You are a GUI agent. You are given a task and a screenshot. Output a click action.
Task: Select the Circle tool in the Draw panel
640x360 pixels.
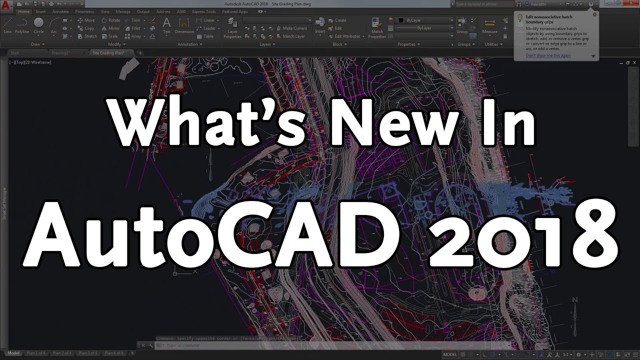tap(38, 25)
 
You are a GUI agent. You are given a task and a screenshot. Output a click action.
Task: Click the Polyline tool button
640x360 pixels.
tap(22, 25)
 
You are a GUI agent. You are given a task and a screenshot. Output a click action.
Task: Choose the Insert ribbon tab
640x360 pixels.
tap(40, 11)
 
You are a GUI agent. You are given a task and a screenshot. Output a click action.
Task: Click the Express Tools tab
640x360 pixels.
tap(204, 11)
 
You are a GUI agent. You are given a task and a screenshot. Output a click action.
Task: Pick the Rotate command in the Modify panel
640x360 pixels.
tap(111, 20)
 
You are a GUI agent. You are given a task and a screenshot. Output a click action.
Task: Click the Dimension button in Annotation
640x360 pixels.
tap(184, 25)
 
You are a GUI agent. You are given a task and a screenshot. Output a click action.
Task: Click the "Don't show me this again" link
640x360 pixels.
tap(548, 55)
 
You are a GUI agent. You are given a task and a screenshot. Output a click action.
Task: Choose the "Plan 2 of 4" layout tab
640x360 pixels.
tap(62, 353)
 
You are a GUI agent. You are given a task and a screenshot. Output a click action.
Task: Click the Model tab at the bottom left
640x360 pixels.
tap(13, 353)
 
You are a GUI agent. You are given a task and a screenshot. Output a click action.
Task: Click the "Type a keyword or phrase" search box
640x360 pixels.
tap(482, 4)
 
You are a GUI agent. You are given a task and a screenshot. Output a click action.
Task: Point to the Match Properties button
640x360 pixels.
tap(377, 27)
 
